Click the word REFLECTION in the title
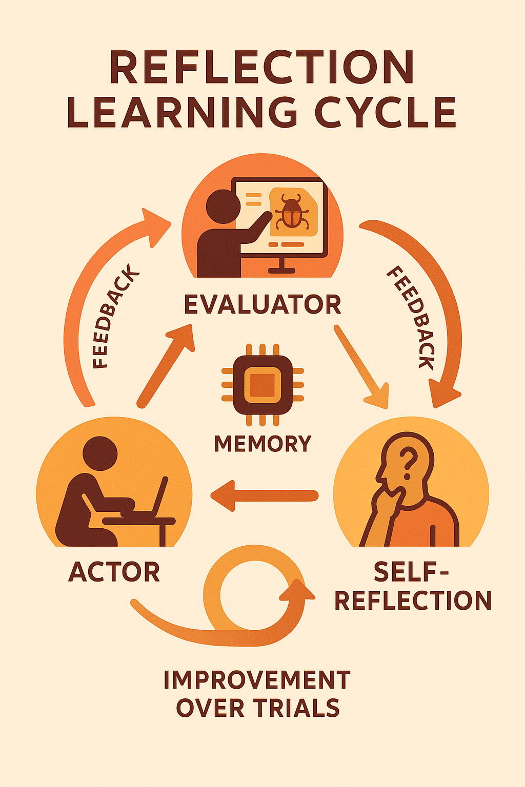(x=261, y=68)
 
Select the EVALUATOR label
(x=262, y=305)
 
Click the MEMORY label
(x=262, y=444)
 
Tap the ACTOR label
(x=114, y=572)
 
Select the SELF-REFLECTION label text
(x=413, y=587)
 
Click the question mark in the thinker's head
(x=408, y=459)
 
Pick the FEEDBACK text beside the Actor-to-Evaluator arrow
(x=115, y=317)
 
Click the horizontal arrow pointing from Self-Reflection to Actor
(x=265, y=495)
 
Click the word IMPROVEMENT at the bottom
(x=257, y=680)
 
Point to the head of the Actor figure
(x=100, y=454)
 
